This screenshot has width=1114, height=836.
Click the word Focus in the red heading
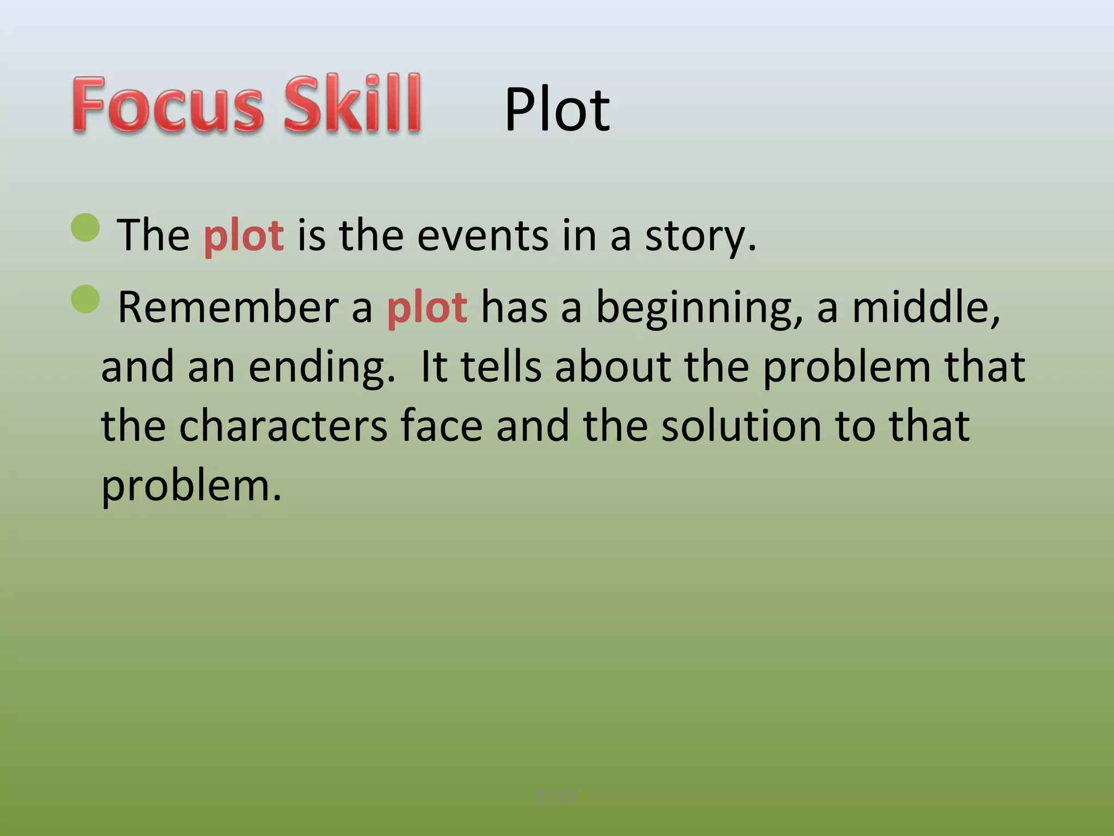(x=168, y=104)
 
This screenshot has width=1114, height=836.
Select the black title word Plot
(x=557, y=110)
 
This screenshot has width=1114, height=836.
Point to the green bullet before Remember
(x=85, y=299)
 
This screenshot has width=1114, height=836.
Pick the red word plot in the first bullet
(x=243, y=236)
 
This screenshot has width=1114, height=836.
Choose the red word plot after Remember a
(x=426, y=308)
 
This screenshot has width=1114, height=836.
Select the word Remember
(x=228, y=307)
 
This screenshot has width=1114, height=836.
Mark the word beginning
(x=700, y=308)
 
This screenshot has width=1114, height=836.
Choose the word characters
(x=283, y=426)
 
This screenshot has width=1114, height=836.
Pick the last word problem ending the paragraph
(x=191, y=486)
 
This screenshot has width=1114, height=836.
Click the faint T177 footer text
(x=556, y=798)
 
